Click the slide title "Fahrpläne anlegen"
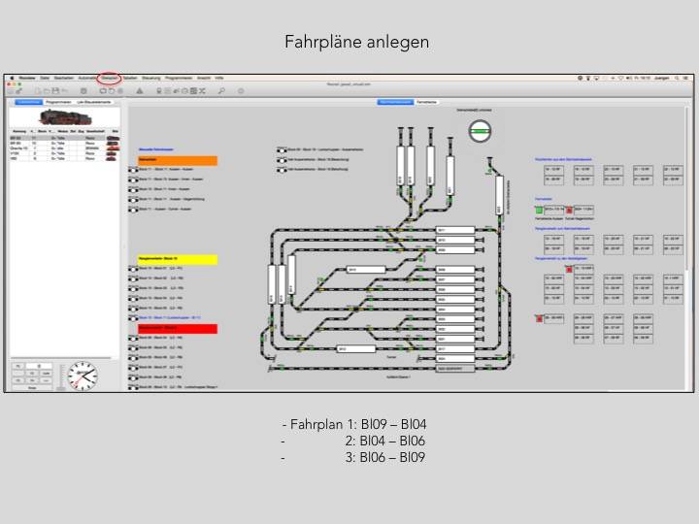point(356,42)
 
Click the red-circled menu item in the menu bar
point(110,77)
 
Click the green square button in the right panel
point(538,209)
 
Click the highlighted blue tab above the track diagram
point(395,101)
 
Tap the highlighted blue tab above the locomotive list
point(27,101)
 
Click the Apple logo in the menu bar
point(10,77)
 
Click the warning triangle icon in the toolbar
point(140,90)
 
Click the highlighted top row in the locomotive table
point(64,138)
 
